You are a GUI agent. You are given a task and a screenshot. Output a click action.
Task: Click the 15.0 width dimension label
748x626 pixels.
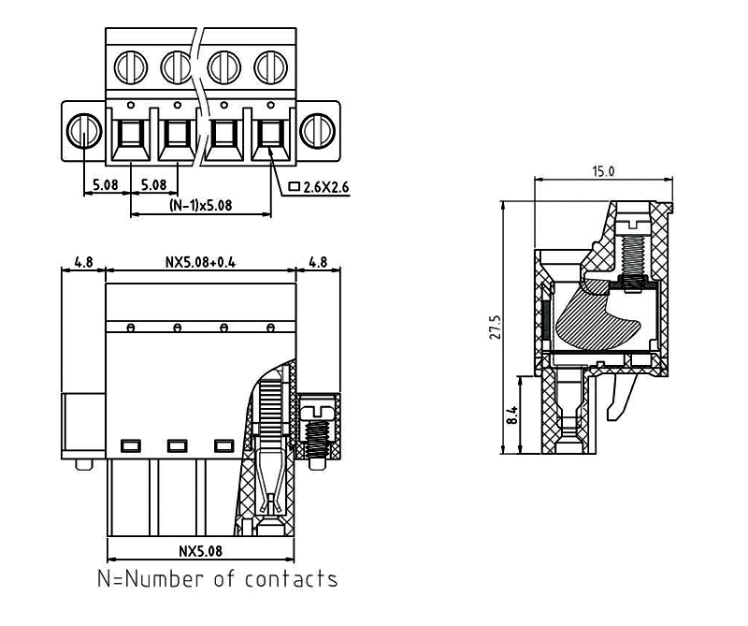[603, 172]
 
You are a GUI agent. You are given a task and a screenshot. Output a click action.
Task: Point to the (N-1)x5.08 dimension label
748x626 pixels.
[198, 205]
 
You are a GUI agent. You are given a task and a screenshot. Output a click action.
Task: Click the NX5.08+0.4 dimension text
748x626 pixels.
[200, 262]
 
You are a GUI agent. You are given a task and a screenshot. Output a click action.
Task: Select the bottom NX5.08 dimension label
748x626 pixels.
[200, 550]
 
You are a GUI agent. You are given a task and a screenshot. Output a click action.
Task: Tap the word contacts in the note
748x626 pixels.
[291, 579]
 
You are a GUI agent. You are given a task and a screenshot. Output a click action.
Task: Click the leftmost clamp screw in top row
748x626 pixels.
[129, 66]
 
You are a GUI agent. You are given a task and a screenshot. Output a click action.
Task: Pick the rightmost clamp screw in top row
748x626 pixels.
[270, 66]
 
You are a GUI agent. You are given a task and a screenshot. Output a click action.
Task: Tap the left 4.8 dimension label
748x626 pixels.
[83, 262]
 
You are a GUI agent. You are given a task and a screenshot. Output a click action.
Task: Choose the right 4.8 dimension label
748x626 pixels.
[318, 262]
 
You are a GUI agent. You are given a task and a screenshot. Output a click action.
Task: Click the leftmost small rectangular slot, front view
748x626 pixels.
[130, 444]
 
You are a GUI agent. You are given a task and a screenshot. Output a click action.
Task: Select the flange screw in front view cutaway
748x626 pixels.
[319, 427]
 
